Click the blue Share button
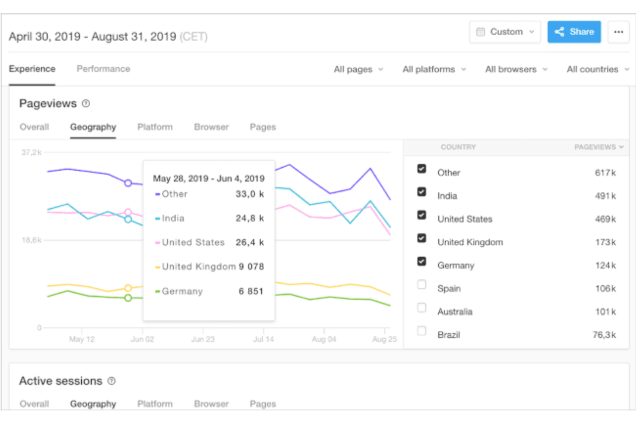pos(574,32)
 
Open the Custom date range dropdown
pos(505,32)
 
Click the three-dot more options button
pos(618,32)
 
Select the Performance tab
pos(103,69)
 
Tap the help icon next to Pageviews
pos(86,104)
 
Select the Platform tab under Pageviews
pos(155,127)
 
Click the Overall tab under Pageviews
pos(34,127)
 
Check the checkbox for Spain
pos(422,285)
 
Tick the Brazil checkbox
pos(422,331)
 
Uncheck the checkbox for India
pos(422,192)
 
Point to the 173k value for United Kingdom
pos(605,242)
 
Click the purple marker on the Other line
pos(128,183)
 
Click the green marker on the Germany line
pos(128,298)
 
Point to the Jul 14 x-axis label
pos(263,339)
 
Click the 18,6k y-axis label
pos(31,240)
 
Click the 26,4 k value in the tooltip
pos(250,243)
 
